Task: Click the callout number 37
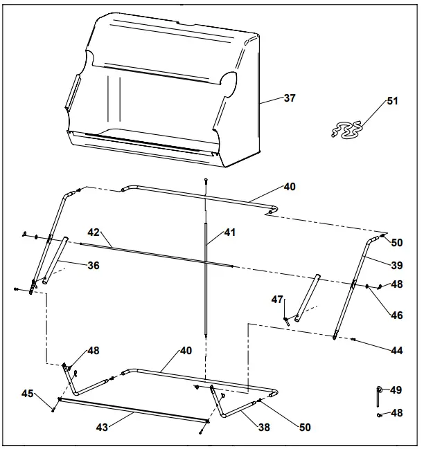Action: pyautogui.click(x=289, y=98)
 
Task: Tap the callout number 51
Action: pyautogui.click(x=392, y=101)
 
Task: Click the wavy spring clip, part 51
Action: pyautogui.click(x=345, y=129)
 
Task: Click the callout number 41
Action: pyautogui.click(x=229, y=232)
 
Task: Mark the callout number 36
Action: pyautogui.click(x=93, y=265)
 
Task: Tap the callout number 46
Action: pyautogui.click(x=396, y=315)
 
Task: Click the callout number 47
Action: pyautogui.click(x=277, y=300)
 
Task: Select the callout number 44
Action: pyautogui.click(x=396, y=351)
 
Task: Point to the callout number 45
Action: pyautogui.click(x=27, y=394)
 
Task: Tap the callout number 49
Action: pyautogui.click(x=396, y=390)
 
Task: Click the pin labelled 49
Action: pyautogui.click(x=378, y=395)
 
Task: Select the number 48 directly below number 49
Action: pyautogui.click(x=396, y=413)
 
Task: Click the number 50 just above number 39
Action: pyautogui.click(x=396, y=243)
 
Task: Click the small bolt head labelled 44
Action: pyautogui.click(x=354, y=339)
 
